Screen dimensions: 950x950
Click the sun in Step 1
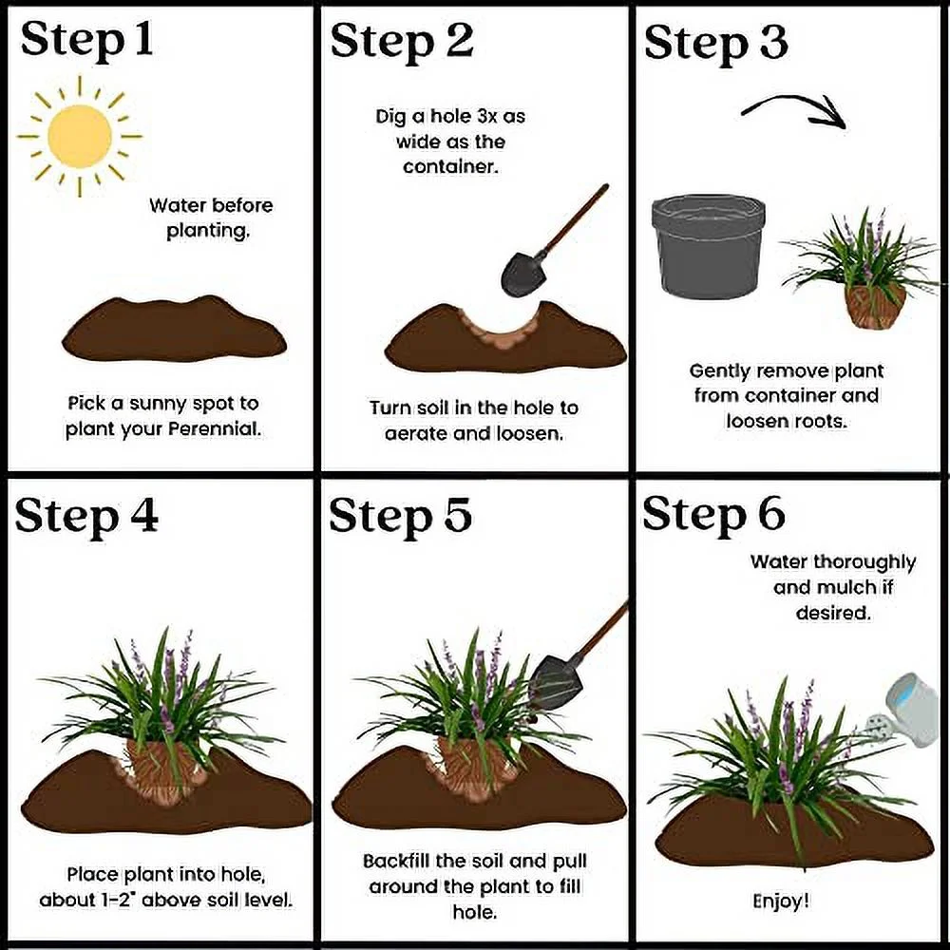[80, 136]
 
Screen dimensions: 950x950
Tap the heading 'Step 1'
[86, 40]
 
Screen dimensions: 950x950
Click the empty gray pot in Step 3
[708, 246]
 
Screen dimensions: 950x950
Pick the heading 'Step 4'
[86, 516]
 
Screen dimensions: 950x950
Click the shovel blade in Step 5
[556, 680]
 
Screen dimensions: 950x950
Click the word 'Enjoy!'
[781, 902]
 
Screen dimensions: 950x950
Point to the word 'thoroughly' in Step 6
[864, 562]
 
